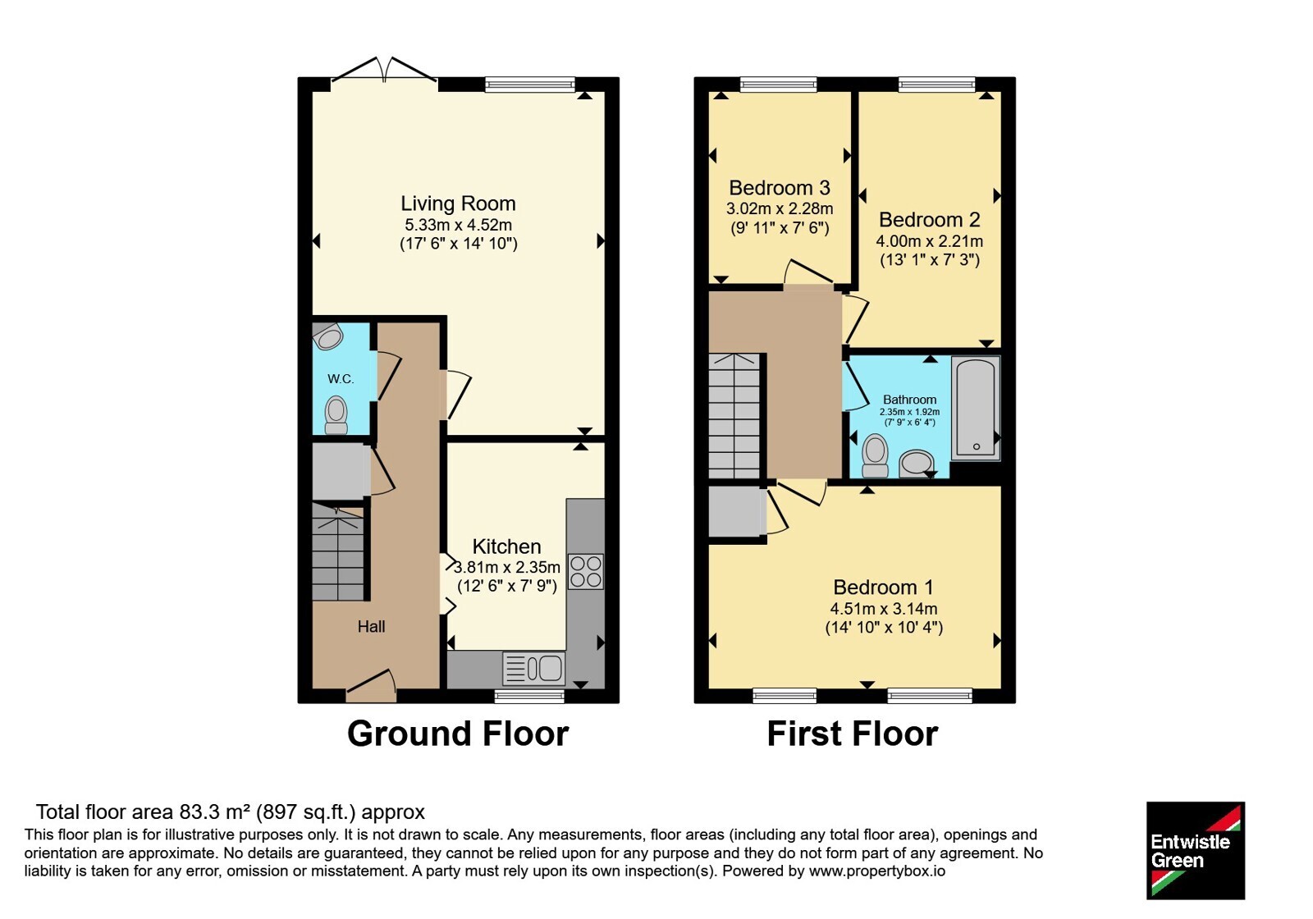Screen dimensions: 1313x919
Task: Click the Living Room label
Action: pyautogui.click(x=458, y=203)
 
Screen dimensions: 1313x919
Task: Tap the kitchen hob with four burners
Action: pyautogui.click(x=586, y=571)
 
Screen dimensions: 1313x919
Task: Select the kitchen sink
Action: pyautogui.click(x=534, y=668)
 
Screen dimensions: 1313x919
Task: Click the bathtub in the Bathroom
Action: pyautogui.click(x=976, y=408)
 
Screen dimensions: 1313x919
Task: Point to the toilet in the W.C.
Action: pyautogui.click(x=336, y=415)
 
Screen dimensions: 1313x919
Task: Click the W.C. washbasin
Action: pyautogui.click(x=328, y=336)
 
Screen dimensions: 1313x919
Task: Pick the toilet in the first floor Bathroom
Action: pyautogui.click(x=875, y=455)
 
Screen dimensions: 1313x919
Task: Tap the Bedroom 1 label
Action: pyautogui.click(x=883, y=587)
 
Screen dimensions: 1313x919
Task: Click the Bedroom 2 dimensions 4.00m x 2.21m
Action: pyautogui.click(x=929, y=241)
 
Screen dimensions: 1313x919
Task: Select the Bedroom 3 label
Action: pyautogui.click(x=779, y=188)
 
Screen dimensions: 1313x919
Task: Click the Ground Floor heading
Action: pyautogui.click(x=458, y=734)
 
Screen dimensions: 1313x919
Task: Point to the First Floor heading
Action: pyautogui.click(x=853, y=734)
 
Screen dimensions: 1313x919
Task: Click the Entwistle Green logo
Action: pyautogui.click(x=1196, y=850)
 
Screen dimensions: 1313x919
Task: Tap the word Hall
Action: pyautogui.click(x=371, y=627)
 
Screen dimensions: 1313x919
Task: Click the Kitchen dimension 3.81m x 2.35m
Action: pyautogui.click(x=507, y=567)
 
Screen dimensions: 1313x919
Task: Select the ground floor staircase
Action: pyautogui.click(x=337, y=552)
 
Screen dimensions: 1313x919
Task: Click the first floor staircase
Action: pyautogui.click(x=734, y=415)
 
